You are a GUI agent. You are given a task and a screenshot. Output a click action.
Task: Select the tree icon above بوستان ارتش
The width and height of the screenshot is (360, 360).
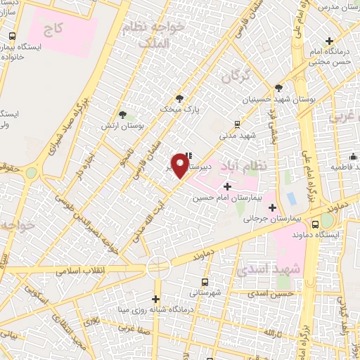click(x=123, y=114)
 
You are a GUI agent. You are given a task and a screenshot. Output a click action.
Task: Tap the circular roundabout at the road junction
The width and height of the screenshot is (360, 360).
click(x=158, y=267)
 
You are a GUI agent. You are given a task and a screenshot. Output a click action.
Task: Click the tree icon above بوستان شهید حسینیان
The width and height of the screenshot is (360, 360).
click(x=279, y=88)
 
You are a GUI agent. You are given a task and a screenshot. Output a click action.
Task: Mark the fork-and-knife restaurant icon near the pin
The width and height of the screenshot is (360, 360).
click(x=188, y=156)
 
